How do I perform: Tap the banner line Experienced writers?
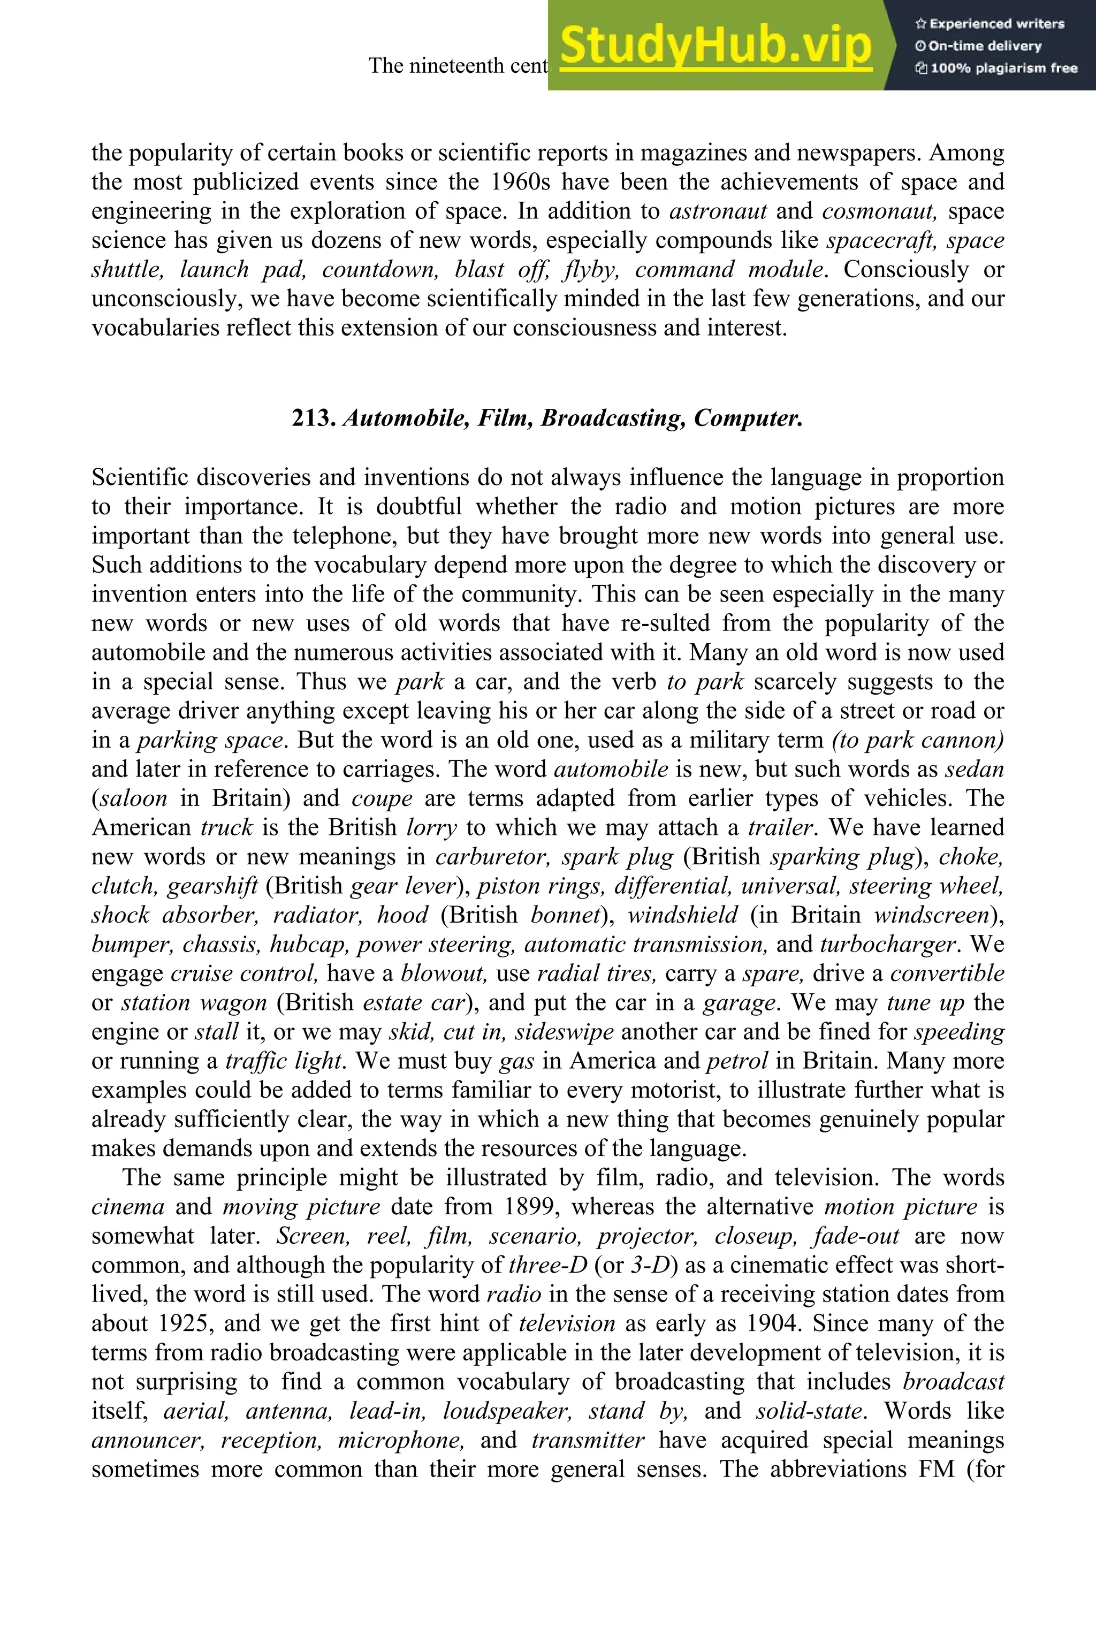989,24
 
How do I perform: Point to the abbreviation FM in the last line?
937,1469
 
